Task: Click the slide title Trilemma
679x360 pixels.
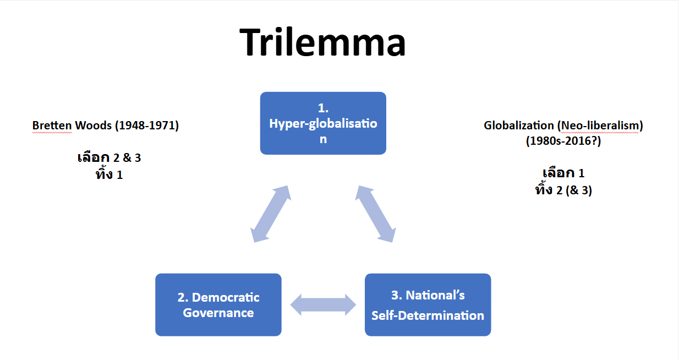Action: click(322, 42)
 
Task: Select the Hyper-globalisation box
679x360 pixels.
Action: click(323, 123)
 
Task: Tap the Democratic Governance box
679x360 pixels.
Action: click(218, 304)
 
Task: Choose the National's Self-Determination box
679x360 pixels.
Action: click(428, 304)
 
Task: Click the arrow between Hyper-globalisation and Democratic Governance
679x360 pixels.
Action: click(271, 214)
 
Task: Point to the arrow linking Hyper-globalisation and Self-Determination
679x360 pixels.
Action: click(376, 214)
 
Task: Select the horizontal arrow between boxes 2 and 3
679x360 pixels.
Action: click(323, 305)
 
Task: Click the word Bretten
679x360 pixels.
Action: click(52, 126)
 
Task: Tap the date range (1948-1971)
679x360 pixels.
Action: click(147, 126)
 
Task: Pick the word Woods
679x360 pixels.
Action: click(94, 126)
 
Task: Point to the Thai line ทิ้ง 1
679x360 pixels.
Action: click(109, 174)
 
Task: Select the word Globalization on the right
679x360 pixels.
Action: click(519, 126)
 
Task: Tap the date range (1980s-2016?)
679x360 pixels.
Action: click(563, 141)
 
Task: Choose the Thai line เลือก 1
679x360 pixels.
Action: click(563, 173)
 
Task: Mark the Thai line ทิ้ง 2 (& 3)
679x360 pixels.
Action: click(563, 189)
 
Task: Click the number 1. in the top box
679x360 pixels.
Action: click(323, 108)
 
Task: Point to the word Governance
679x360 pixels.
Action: click(218, 313)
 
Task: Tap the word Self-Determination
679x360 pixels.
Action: click(428, 316)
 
